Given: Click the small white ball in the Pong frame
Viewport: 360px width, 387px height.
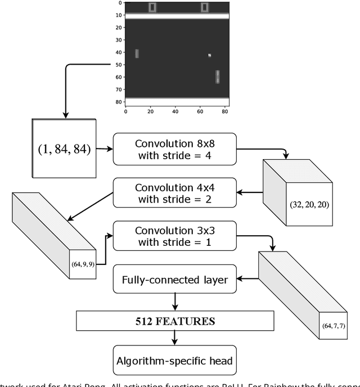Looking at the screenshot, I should pos(209,55).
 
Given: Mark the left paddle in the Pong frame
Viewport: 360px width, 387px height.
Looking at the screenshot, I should pos(137,54).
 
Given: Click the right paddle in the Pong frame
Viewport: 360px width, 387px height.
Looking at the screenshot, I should pos(218,76).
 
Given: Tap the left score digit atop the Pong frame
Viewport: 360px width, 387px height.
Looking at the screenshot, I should pos(152,7).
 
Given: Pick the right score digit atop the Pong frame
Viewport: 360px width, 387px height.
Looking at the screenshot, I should pos(204,7).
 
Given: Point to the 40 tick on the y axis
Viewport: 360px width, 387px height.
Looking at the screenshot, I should pos(119,52).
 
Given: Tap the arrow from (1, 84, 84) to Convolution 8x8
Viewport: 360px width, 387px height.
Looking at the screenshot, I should pos(104,150).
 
